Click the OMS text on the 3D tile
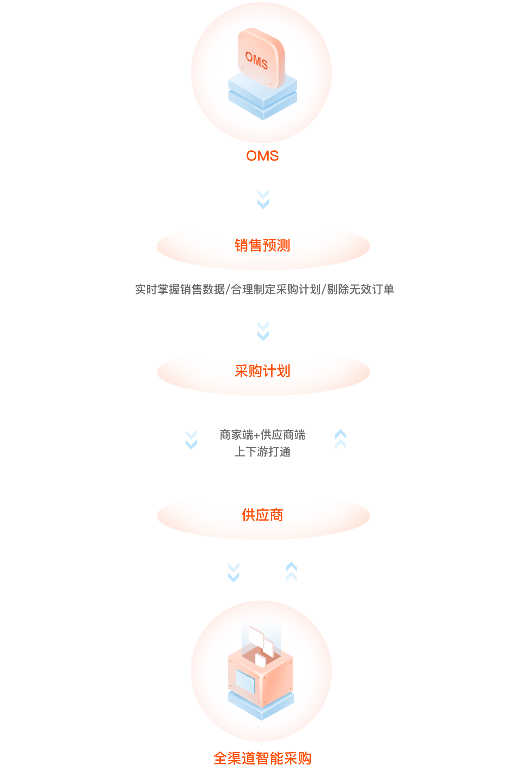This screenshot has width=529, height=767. click(257, 60)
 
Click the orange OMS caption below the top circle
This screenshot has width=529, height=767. click(262, 156)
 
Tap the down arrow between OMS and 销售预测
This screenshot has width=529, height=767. click(263, 199)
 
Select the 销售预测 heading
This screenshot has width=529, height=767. click(262, 246)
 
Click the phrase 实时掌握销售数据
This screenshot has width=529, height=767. click(180, 289)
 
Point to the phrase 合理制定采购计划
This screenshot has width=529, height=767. click(276, 289)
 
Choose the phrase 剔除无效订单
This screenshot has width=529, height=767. click(360, 289)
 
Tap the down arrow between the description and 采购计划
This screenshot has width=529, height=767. click(263, 331)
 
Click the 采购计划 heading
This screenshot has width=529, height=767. click(262, 371)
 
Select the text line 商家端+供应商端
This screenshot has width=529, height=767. click(262, 435)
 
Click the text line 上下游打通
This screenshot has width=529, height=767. click(262, 452)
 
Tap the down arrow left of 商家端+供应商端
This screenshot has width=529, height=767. click(191, 440)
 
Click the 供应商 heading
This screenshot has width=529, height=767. click(262, 515)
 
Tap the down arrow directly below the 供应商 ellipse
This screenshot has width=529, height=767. click(233, 572)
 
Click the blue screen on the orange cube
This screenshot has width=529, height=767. click(245, 681)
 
